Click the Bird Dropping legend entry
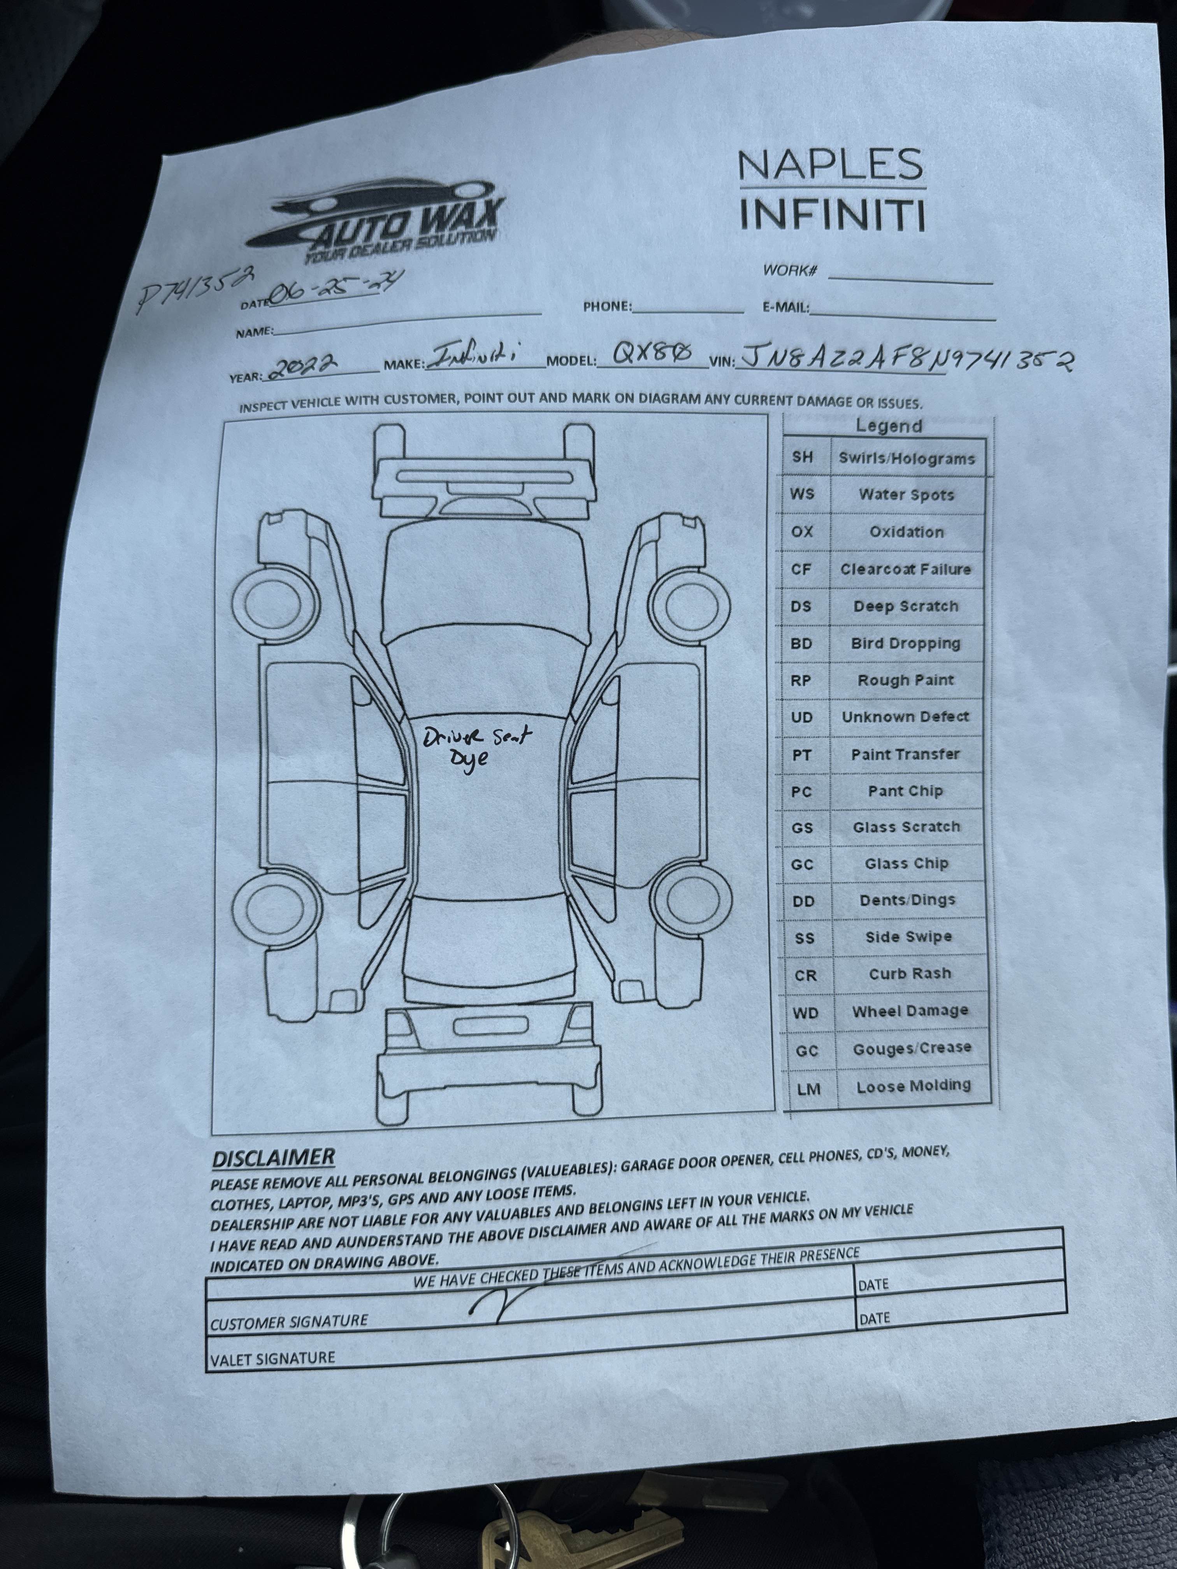coord(905,643)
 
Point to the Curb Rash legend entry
coord(910,974)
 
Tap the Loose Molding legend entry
coord(913,1086)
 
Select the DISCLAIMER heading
coord(273,1158)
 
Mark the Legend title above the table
coord(888,426)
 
